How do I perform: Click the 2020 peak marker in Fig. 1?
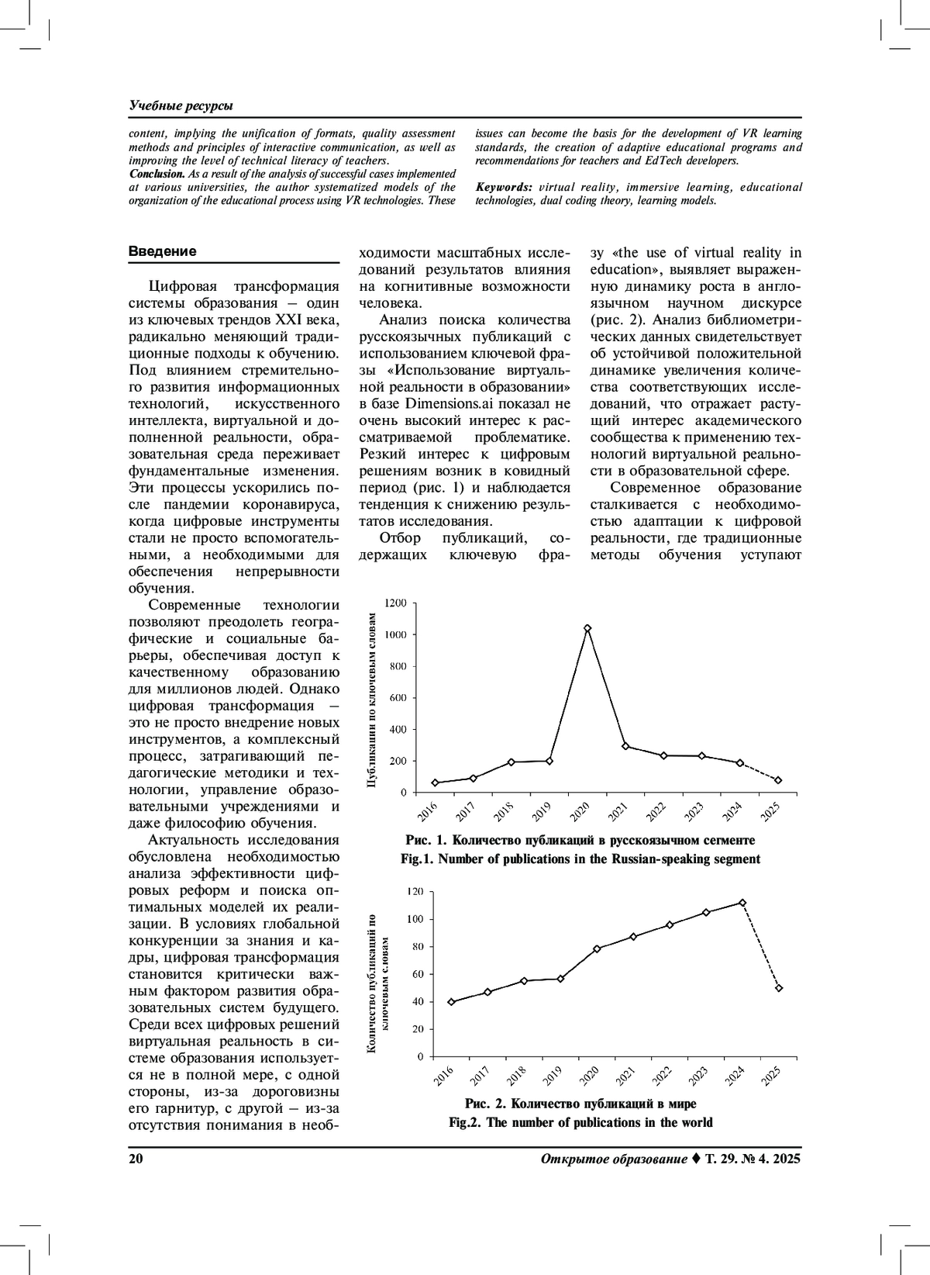[587, 628]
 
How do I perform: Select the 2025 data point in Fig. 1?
[778, 780]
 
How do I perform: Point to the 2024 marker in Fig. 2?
[742, 903]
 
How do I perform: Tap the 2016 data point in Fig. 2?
[451, 1002]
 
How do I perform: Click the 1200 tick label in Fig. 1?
[395, 603]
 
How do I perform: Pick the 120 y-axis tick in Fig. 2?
[415, 892]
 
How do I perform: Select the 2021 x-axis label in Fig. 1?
[618, 812]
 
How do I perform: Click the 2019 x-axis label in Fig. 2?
[553, 1075]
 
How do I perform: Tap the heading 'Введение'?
[162, 251]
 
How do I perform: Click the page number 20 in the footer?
[136, 1159]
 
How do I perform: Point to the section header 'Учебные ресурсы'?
[181, 105]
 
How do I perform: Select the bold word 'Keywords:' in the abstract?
[504, 187]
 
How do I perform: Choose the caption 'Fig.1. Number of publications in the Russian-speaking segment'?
[580, 859]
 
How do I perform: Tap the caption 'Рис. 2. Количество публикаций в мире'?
[580, 1104]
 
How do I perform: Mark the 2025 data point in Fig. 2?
[779, 988]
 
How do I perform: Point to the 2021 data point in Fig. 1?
[625, 746]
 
